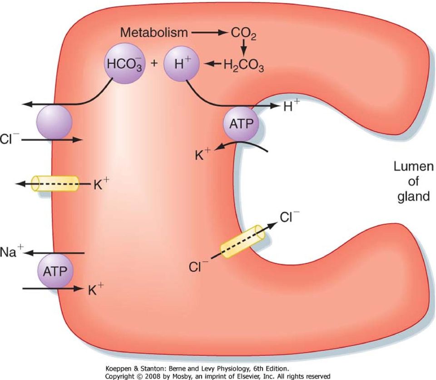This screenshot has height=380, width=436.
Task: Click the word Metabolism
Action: tap(154, 33)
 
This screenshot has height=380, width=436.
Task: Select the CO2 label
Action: tap(243, 34)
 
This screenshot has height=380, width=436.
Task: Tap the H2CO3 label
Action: tap(244, 65)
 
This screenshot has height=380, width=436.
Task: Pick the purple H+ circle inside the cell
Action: tap(182, 64)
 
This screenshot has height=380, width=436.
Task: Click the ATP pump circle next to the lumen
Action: tap(241, 123)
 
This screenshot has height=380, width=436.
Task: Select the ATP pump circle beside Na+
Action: tap(55, 271)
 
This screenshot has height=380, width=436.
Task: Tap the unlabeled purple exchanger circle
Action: tap(54, 122)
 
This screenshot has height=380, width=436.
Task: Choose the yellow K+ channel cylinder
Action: tap(55, 183)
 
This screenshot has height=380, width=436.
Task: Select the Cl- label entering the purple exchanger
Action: tap(10, 138)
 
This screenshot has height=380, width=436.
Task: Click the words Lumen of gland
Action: tap(413, 181)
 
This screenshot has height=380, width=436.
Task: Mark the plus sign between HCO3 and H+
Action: tap(154, 63)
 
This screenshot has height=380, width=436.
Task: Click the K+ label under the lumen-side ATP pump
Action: tap(203, 154)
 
